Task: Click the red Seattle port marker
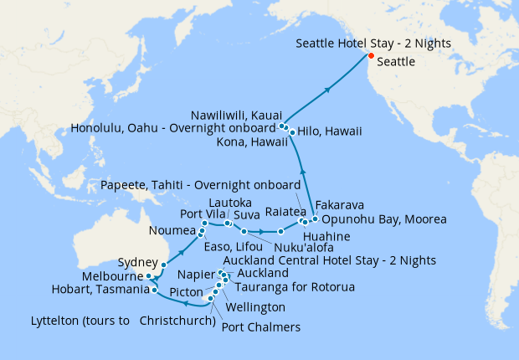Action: [x=371, y=56]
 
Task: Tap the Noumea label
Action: [x=172, y=230]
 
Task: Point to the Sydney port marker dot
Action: [x=164, y=264]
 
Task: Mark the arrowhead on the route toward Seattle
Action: [x=329, y=87]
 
